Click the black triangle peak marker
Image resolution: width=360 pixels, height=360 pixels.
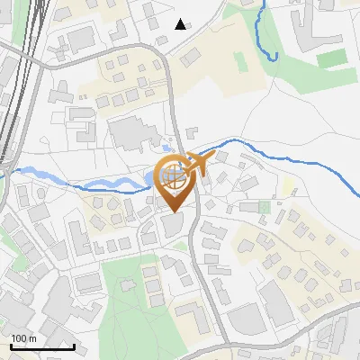point(181,24)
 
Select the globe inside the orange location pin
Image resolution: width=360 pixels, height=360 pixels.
point(173,175)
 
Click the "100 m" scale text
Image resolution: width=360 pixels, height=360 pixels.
point(23,337)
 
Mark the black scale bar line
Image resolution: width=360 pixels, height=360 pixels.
point(41,346)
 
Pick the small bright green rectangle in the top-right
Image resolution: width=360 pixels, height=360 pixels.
point(331,58)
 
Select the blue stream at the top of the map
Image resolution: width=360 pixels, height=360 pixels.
point(263,36)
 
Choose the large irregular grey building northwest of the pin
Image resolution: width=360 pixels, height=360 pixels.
point(135,135)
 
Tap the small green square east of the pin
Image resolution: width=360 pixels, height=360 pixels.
point(264,207)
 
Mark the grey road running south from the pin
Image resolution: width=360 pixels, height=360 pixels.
point(202,270)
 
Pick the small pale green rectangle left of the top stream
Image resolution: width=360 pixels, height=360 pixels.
point(239,63)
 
